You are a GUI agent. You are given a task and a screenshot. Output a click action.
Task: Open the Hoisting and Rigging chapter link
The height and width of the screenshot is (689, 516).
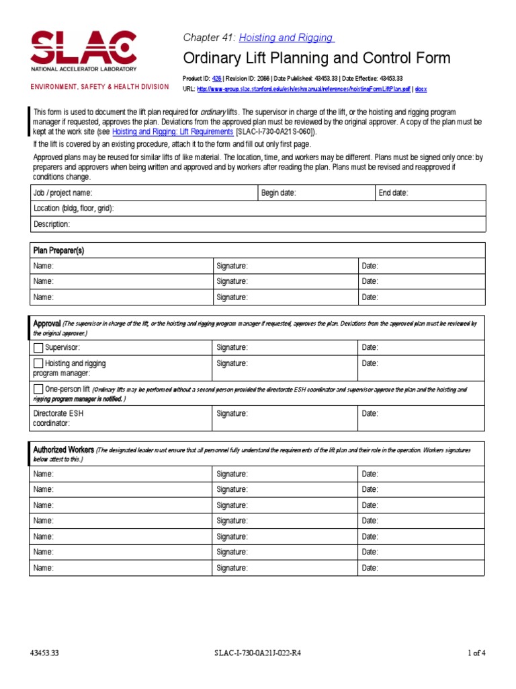[286, 38]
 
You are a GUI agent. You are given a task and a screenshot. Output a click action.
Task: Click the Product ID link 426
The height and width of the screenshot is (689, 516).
[216, 79]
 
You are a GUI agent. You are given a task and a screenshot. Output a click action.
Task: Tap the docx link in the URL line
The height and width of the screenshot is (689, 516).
[421, 88]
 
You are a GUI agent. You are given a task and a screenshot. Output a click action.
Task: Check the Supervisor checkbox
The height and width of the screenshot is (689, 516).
[38, 348]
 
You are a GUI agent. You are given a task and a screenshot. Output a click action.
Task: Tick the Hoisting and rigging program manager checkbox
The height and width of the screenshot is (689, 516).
[38, 363]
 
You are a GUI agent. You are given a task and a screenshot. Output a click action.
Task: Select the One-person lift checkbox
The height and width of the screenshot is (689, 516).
[38, 389]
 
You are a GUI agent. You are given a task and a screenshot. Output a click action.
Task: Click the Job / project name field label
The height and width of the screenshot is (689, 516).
[62, 193]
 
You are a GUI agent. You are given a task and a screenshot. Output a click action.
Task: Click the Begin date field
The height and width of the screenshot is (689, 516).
[316, 193]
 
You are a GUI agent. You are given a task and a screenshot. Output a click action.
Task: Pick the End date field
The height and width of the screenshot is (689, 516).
[430, 193]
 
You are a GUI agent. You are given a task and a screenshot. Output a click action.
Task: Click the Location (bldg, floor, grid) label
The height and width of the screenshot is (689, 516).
[74, 209]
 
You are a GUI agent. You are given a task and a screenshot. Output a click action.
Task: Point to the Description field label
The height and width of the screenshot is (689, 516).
[52, 224]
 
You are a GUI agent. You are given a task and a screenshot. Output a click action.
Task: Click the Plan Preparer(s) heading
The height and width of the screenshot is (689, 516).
[59, 250]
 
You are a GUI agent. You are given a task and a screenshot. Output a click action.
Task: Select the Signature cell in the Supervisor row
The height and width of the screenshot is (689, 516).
[285, 348]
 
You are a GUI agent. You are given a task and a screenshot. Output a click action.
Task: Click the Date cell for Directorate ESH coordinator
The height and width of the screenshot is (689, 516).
[421, 418]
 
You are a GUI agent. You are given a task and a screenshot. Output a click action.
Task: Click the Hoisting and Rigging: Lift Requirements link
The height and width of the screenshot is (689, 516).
[173, 132]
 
